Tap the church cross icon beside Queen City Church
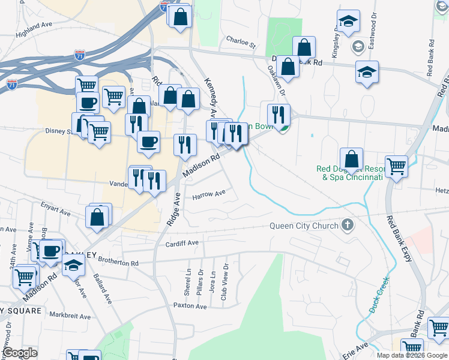click(x=346, y=226)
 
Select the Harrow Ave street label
click(x=208, y=194)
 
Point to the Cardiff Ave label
click(x=182, y=243)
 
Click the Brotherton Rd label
click(x=118, y=262)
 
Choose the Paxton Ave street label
click(x=190, y=306)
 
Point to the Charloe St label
click(x=241, y=43)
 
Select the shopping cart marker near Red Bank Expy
click(x=396, y=166)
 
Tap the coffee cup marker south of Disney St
click(x=148, y=142)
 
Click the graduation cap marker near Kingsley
click(x=348, y=22)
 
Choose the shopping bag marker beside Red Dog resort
click(x=351, y=159)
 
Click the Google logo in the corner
click(x=20, y=353)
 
